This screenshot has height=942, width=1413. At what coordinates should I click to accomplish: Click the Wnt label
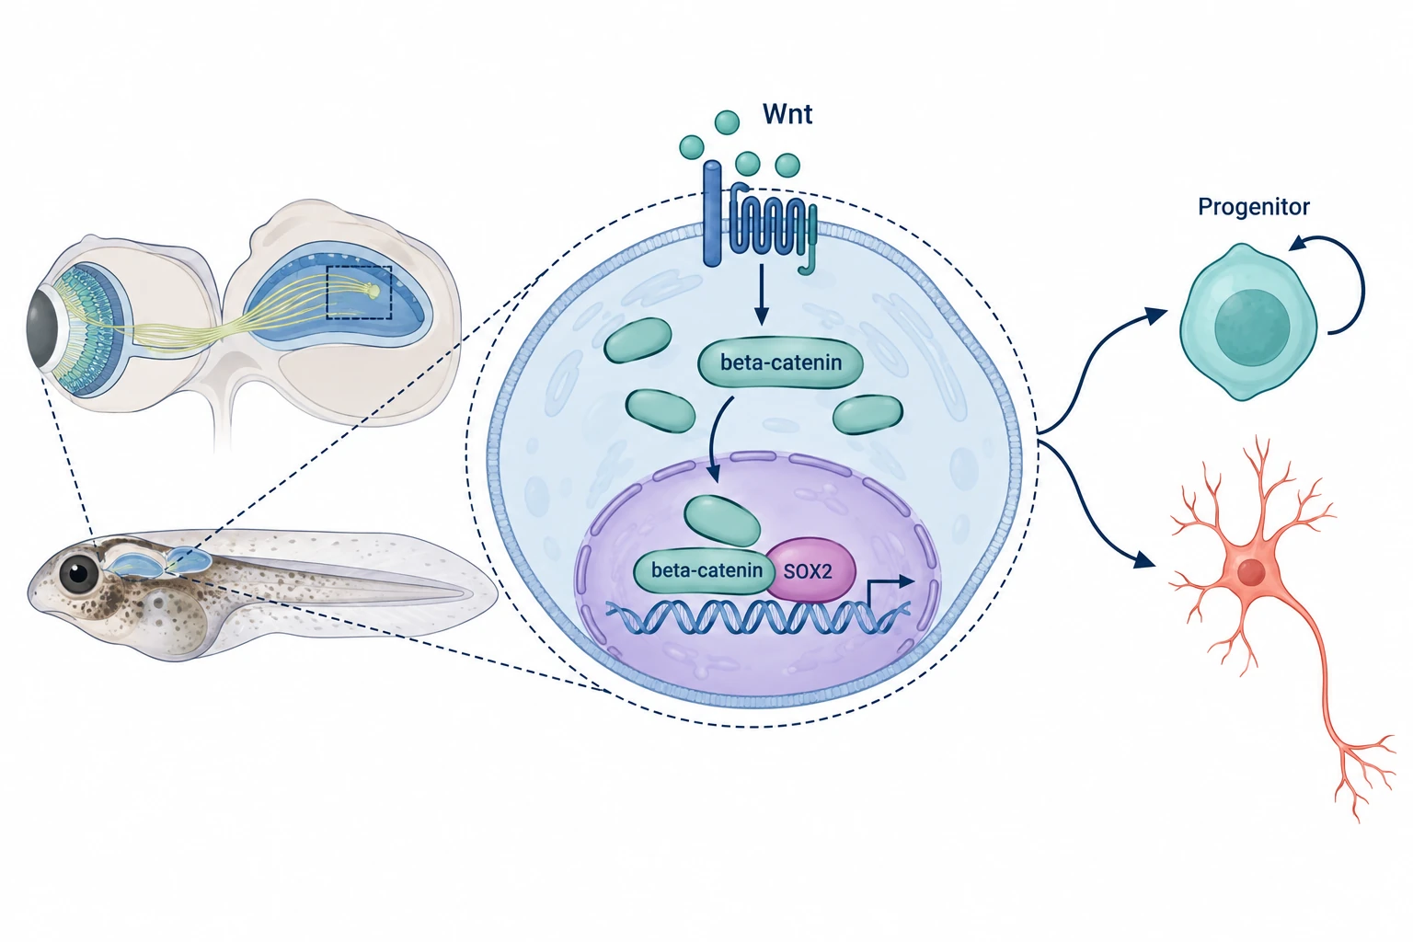pos(787,114)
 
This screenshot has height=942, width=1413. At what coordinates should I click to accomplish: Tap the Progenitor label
pos(1254,207)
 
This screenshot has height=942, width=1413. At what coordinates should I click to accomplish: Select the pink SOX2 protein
pos(810,570)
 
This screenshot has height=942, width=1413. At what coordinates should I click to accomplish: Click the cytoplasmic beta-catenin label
pos(781,362)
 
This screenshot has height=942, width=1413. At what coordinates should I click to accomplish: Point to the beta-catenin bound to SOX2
pos(706,571)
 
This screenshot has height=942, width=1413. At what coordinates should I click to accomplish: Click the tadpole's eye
pos(79,573)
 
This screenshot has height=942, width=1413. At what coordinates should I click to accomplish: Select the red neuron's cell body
pos(1251,572)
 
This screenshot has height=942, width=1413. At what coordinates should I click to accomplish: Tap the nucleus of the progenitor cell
pos(1252,327)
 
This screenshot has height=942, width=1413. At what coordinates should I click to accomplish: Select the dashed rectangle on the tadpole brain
pos(359,293)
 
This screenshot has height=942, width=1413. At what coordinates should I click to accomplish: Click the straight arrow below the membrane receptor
pos(762,294)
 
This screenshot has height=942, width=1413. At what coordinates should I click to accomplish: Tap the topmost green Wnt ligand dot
pos(727,121)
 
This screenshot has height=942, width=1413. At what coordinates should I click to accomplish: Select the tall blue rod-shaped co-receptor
pos(712,214)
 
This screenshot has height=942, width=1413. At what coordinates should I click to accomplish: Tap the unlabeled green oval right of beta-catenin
pos(867,415)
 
